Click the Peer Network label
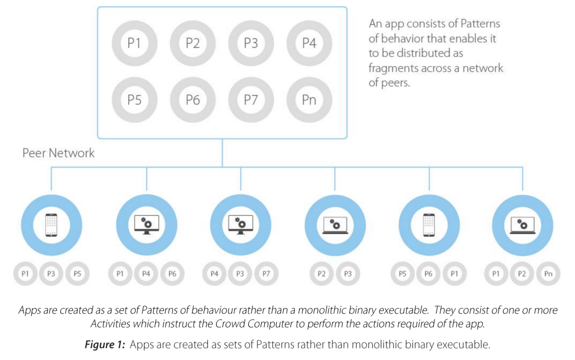pos(58,153)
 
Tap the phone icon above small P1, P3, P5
pos(51,225)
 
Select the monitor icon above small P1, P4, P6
pos(146,225)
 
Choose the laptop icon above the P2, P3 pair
pos(335,226)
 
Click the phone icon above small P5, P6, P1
pos(429,225)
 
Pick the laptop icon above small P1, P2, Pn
pos(522,226)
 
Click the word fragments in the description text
pos(392,68)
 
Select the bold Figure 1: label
pos(105,344)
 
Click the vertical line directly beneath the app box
pos(222,153)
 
